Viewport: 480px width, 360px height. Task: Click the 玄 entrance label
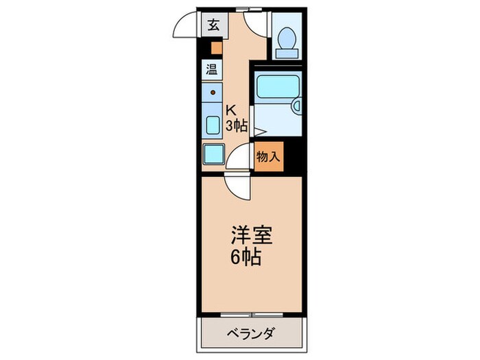[213, 25]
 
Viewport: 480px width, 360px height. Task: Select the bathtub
[274, 87]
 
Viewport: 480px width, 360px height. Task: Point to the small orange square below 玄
[216, 48]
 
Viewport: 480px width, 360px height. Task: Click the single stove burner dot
[213, 92]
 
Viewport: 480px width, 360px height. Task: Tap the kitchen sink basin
[213, 125]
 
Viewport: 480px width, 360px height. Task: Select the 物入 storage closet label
[268, 156]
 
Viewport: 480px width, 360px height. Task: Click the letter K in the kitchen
[232, 110]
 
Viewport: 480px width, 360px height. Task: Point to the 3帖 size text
[237, 125]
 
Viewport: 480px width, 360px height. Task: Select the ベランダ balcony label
[251, 334]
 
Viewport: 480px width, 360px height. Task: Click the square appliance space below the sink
[214, 154]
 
